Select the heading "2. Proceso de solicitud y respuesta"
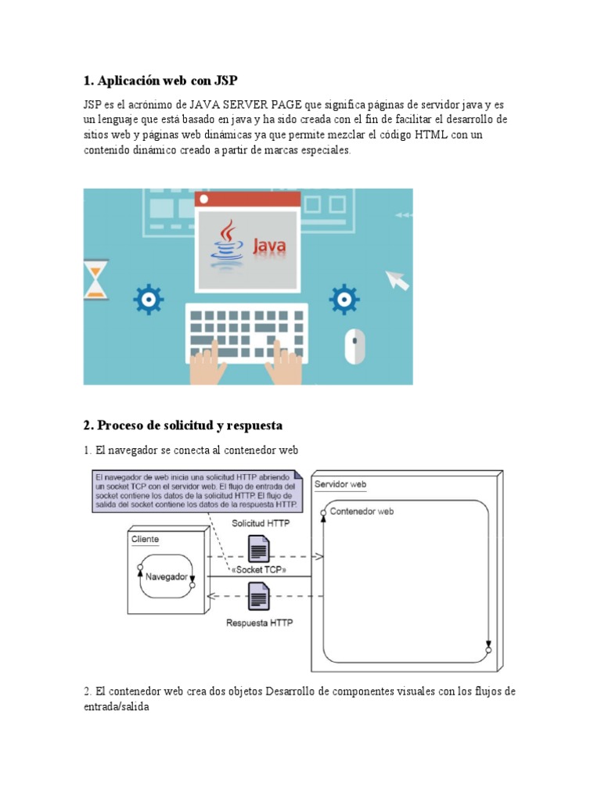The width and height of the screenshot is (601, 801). [x=182, y=426]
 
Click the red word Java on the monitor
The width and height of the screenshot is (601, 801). [x=268, y=247]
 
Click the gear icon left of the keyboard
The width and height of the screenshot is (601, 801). [x=148, y=299]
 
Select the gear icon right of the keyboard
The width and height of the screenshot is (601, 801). [x=344, y=299]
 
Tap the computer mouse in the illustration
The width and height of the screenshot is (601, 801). [x=355, y=346]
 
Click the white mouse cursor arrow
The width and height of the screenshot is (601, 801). [x=398, y=280]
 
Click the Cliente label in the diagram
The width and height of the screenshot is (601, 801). [x=146, y=539]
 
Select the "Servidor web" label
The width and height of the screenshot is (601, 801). [x=340, y=484]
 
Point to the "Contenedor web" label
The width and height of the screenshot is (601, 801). [x=362, y=512]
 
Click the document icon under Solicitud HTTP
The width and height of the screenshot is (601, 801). [x=259, y=548]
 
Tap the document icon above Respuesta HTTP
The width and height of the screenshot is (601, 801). [x=259, y=598]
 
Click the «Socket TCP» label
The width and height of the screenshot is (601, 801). [x=259, y=570]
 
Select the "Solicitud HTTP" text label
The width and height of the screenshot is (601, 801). [x=261, y=523]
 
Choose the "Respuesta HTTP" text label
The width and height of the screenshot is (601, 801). [x=260, y=623]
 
